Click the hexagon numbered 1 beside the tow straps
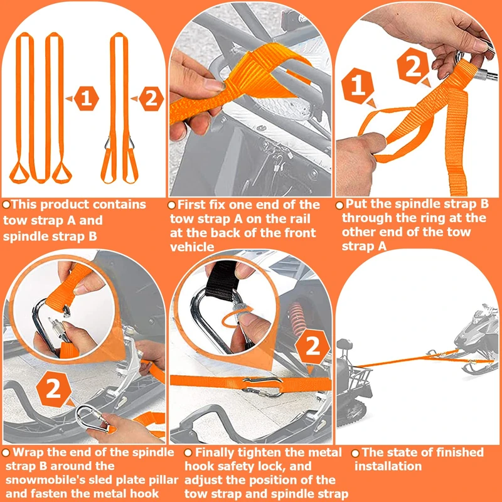[87, 99]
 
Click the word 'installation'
[388, 466]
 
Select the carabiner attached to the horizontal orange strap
[262, 387]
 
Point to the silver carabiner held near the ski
[92, 418]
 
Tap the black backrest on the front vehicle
[344, 344]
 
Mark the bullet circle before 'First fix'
[172, 205]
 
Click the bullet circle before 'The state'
[355, 453]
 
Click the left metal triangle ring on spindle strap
[108, 143]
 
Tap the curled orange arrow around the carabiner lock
[237, 316]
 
